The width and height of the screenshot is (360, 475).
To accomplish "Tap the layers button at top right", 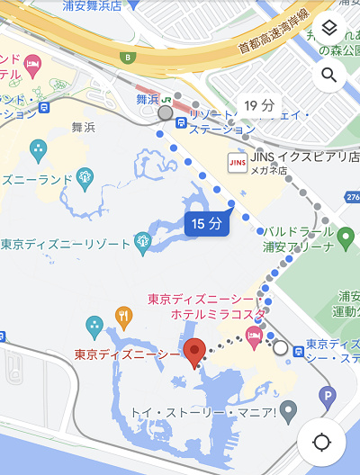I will [x=328, y=31].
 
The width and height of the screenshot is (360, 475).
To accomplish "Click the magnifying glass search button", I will [x=328, y=75].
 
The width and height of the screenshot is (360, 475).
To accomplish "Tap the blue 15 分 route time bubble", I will [x=206, y=223].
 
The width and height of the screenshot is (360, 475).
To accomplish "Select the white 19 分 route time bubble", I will [x=259, y=106].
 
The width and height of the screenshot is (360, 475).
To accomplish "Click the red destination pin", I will [x=194, y=353].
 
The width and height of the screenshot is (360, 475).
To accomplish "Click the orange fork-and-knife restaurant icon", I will [x=124, y=316].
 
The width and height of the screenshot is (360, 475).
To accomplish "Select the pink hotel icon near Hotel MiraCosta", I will [x=256, y=336].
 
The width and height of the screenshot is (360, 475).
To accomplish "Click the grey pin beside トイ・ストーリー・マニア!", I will [x=289, y=414].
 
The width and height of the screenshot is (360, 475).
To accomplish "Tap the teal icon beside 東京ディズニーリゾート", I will [x=142, y=241].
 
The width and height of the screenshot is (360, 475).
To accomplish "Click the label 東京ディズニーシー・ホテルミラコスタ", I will [x=206, y=306].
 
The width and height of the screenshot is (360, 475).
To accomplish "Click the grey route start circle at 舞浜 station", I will [x=165, y=113].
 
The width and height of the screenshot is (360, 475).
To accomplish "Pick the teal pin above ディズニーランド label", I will [x=38, y=149].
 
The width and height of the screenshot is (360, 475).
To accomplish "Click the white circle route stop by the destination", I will [x=281, y=347].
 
